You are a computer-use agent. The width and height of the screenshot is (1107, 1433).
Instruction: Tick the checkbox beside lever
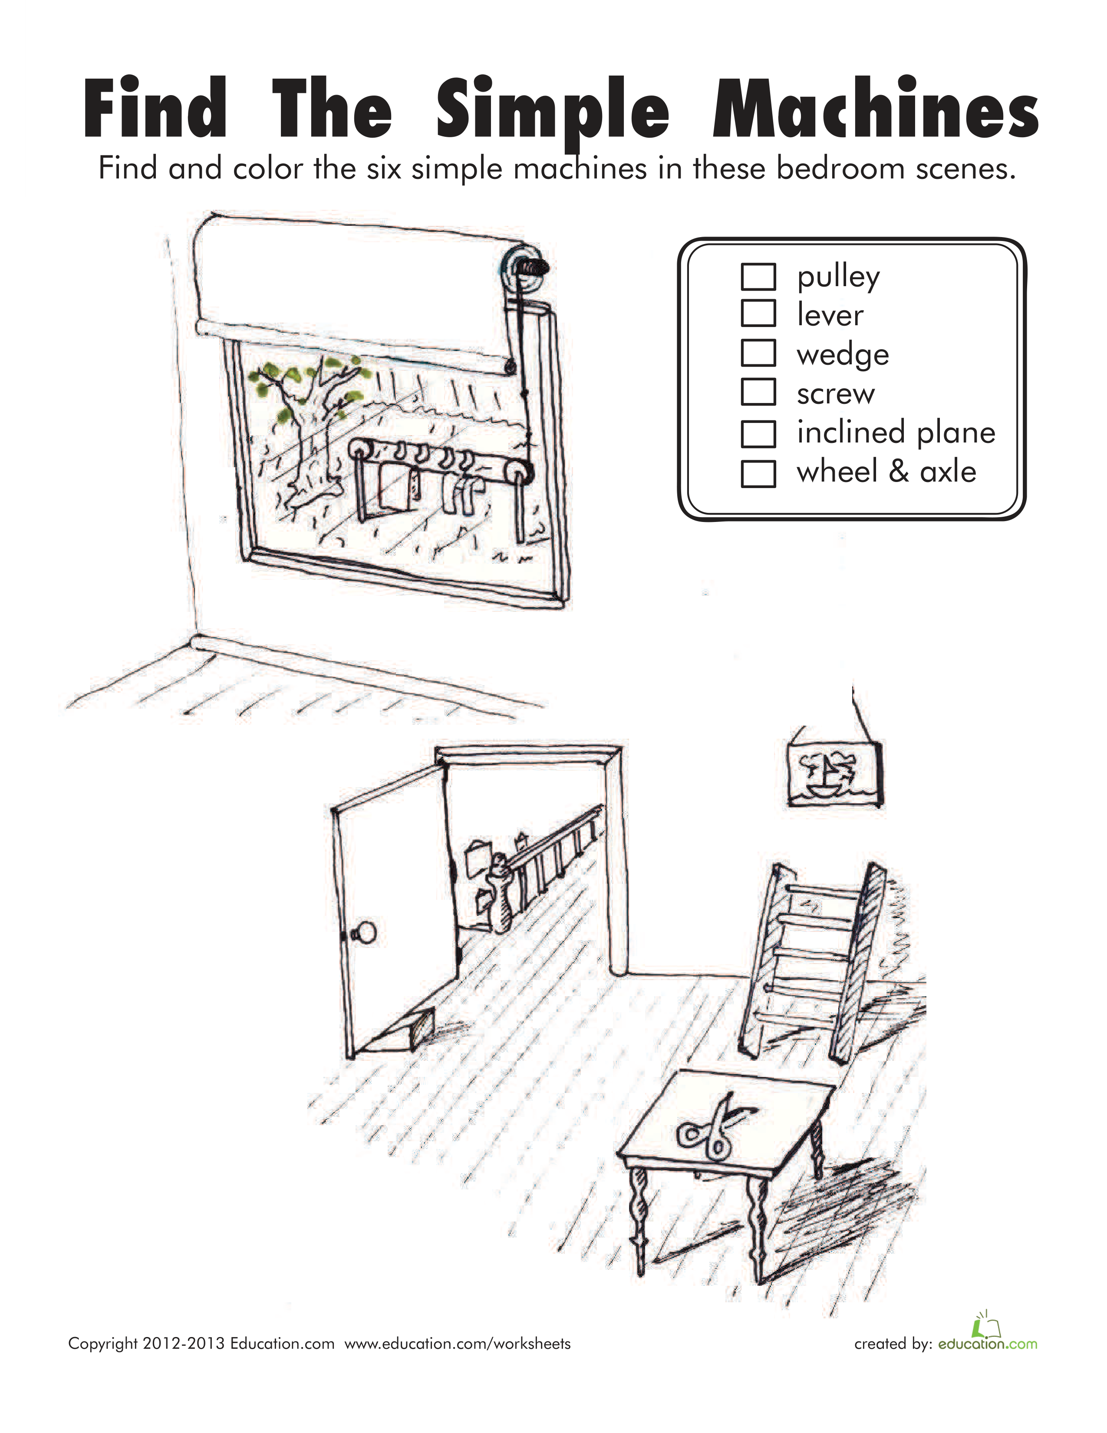point(758,313)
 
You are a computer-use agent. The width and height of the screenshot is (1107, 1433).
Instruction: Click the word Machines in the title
point(876,108)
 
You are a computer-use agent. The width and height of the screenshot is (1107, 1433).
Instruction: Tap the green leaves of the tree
point(303,387)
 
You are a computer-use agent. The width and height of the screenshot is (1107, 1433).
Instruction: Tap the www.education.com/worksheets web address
point(458,1344)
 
